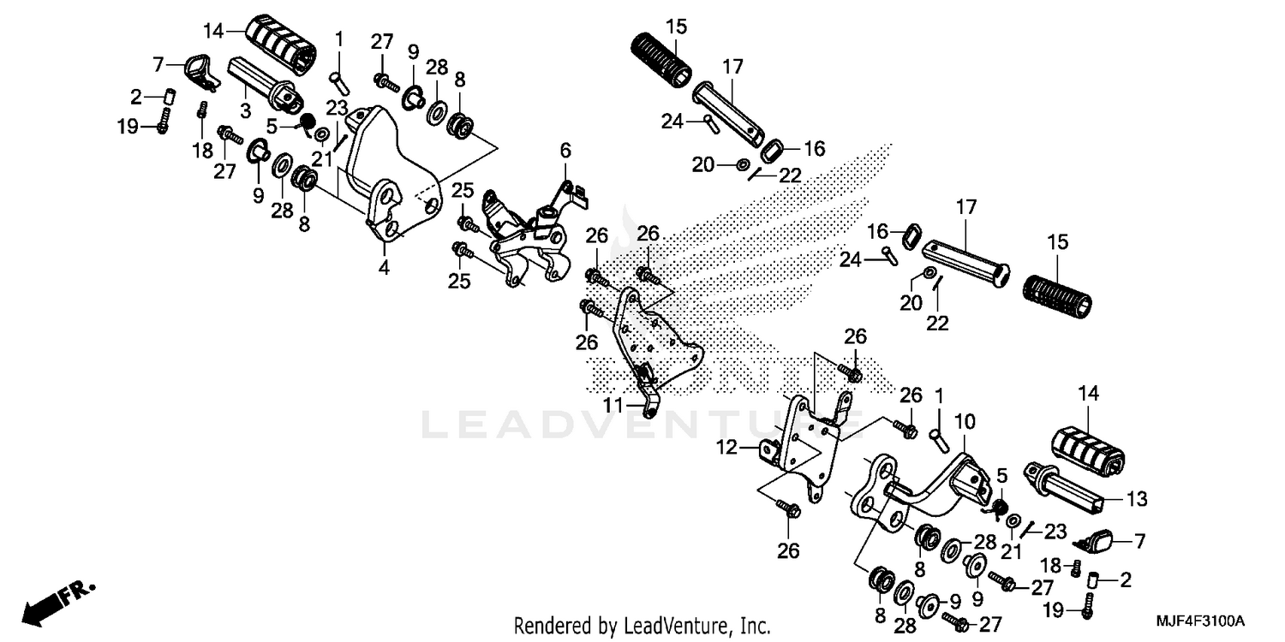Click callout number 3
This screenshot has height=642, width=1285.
coord(245,110)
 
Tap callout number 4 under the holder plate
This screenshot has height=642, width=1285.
coord(384,268)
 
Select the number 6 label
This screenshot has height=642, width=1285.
coord(565,152)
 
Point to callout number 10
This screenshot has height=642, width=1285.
coord(964,421)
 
